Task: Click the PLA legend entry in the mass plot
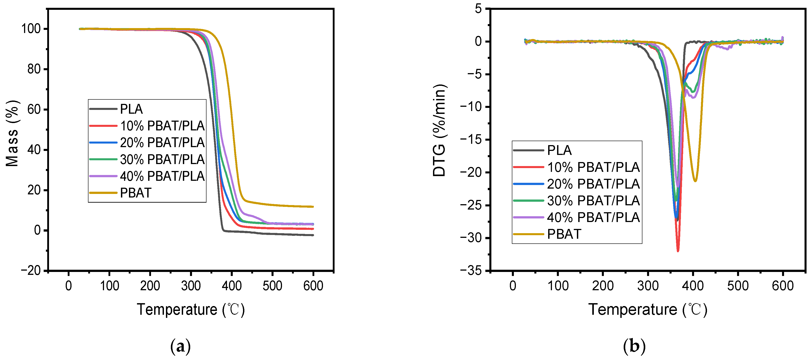131,109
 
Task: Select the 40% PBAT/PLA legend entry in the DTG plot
593,217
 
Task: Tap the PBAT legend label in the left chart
136,193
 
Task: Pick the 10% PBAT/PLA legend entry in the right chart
593,167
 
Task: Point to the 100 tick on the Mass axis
31,29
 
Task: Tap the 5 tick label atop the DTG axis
478,9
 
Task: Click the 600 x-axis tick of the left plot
313,286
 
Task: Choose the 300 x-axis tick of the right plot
648,286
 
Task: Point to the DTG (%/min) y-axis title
439,130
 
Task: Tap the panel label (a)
180,346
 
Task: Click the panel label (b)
634,346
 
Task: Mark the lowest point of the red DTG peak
678,251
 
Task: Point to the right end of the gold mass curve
313,207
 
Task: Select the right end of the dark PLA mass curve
313,235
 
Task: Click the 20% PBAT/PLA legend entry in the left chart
162,143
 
